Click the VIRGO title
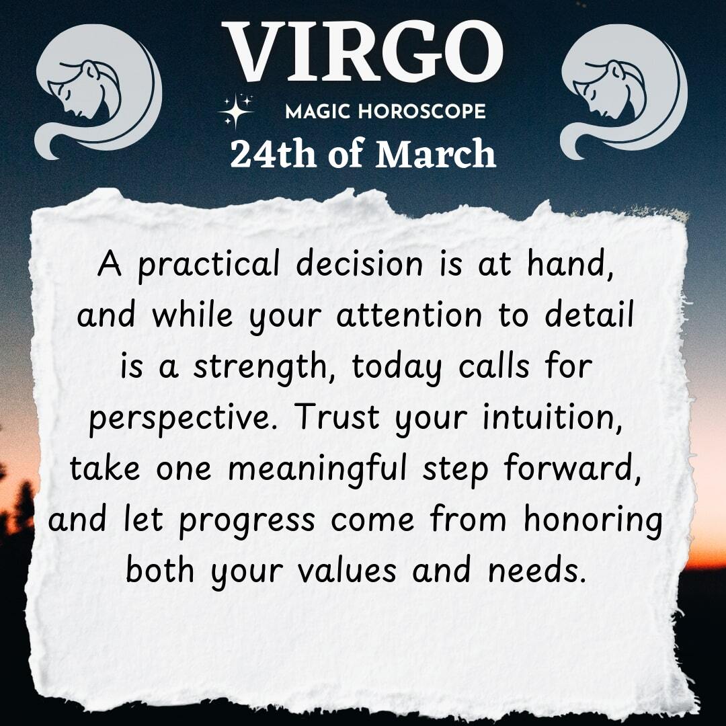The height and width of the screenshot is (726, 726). [363, 52]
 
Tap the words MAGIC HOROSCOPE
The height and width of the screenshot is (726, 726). [385, 112]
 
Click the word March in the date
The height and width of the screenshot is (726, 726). [436, 154]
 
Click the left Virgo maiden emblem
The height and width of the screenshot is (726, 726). [99, 91]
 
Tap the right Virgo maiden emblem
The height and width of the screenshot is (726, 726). [624, 91]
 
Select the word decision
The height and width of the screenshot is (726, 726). [359, 264]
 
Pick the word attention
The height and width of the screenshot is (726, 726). [409, 315]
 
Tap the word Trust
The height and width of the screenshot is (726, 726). [338, 417]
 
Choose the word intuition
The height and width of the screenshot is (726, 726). [552, 417]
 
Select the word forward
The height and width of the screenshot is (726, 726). [573, 469]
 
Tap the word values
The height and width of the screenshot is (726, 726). [347, 570]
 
